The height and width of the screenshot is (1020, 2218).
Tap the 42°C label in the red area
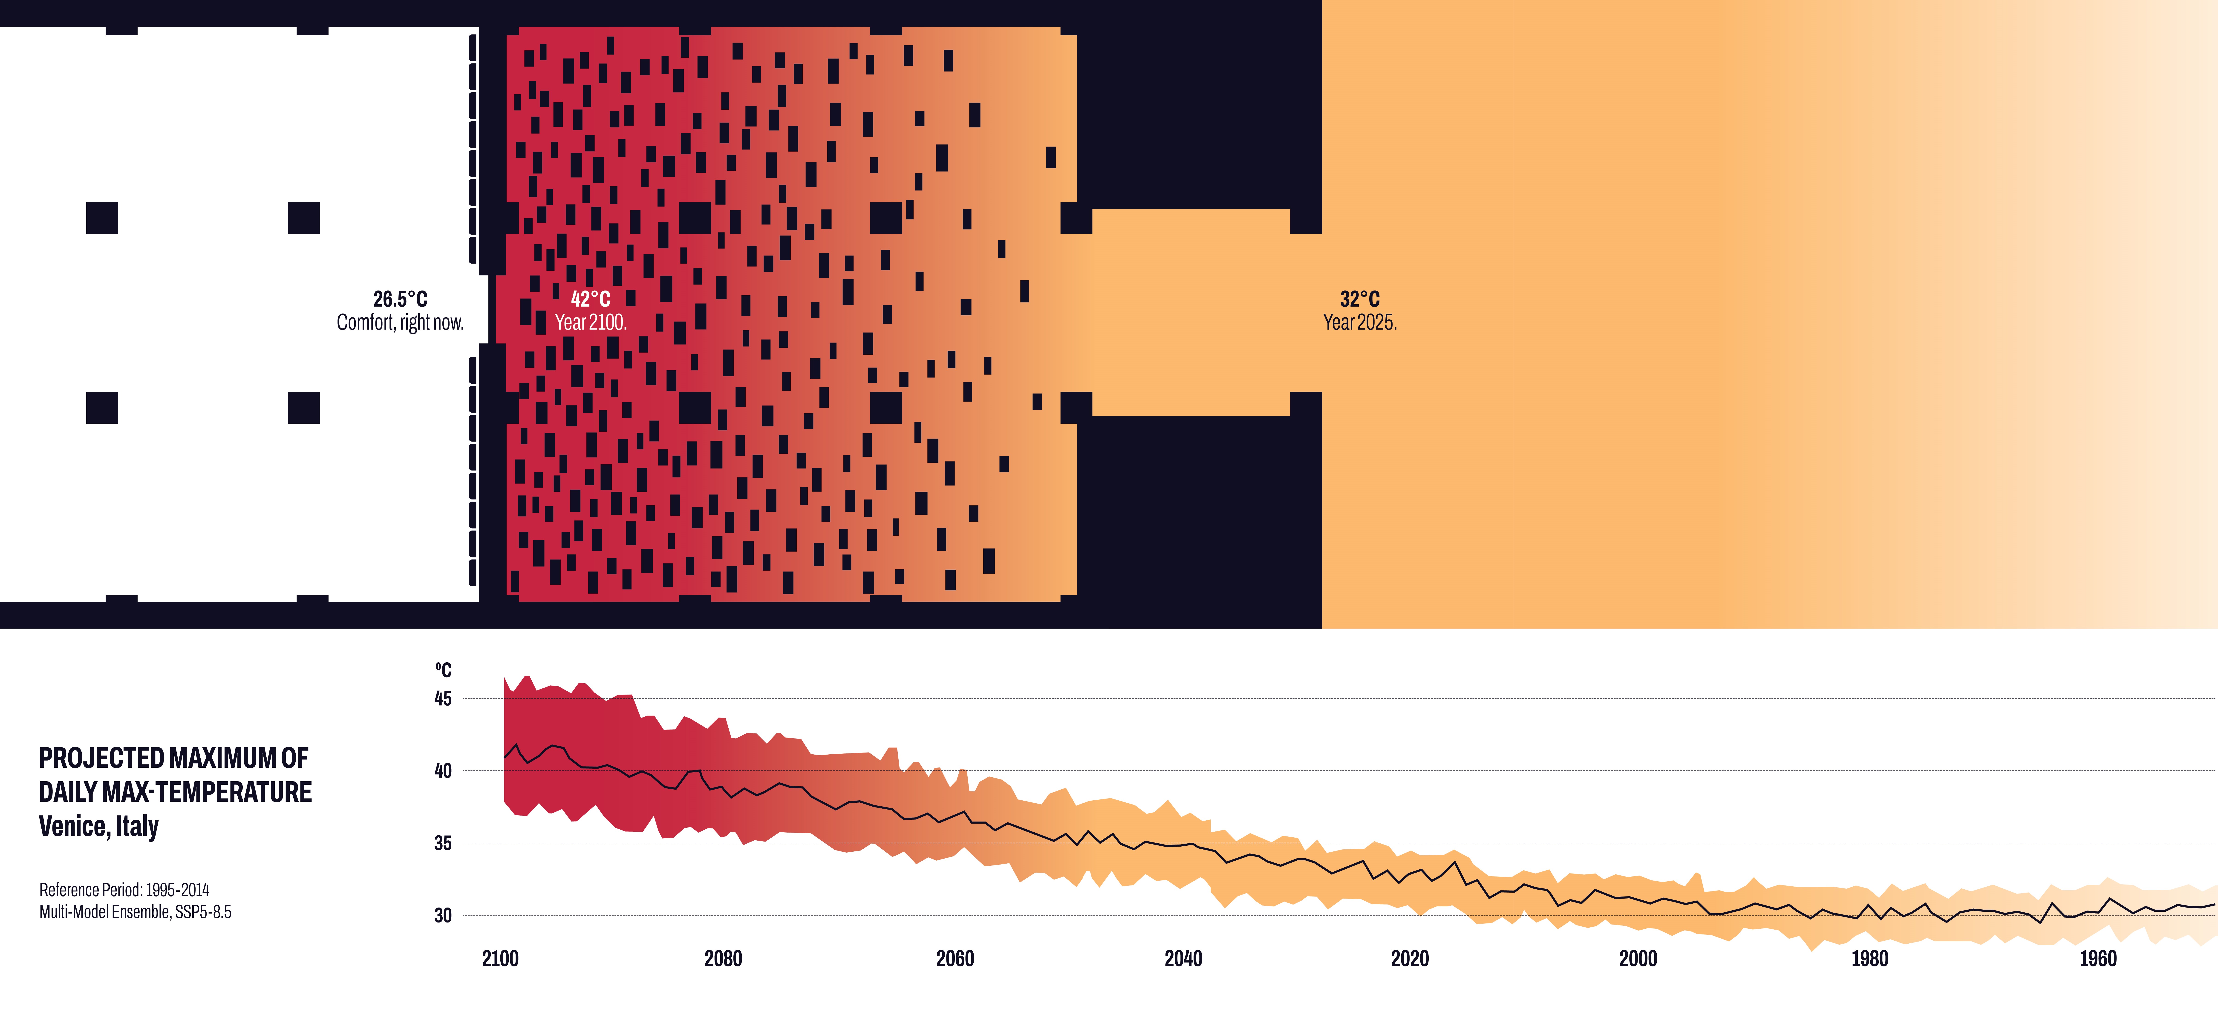click(x=591, y=299)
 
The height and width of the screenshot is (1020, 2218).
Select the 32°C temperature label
click(x=1360, y=299)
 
